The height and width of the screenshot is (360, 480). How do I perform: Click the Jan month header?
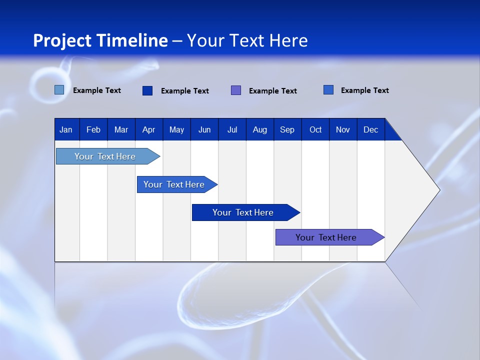pos(66,129)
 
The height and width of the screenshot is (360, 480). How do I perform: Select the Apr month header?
pos(148,129)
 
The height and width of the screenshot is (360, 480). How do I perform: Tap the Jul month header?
pos(232,129)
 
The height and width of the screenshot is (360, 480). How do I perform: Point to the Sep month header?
pos(287,129)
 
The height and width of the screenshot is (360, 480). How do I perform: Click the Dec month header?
pos(370,129)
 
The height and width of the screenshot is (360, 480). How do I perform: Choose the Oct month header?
pos(315,129)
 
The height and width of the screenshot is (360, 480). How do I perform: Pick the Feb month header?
pos(93,129)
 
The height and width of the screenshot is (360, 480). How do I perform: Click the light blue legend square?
pos(59,90)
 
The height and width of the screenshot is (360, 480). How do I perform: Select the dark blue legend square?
pos(147,90)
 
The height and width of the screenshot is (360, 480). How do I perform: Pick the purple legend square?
pos(236,90)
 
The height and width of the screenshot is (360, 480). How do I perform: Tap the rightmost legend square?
pos(328,90)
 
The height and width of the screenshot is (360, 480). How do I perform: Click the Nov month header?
pos(343,129)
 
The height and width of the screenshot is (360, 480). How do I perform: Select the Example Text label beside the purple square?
pos(272,90)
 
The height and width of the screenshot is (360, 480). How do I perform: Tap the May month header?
pos(176,129)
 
